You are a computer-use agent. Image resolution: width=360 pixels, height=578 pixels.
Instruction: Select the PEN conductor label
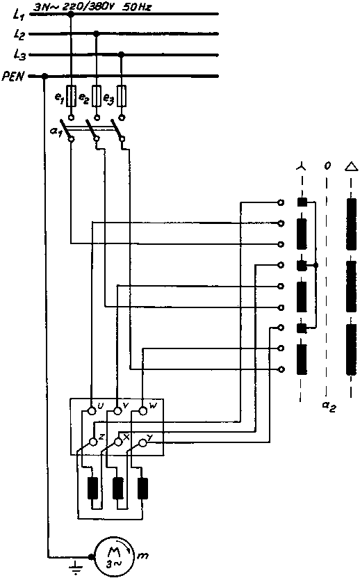[x=13, y=77]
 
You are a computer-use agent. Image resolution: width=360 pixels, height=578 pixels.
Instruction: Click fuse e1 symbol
[x=71, y=96]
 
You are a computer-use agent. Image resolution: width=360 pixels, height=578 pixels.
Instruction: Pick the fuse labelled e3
[x=122, y=96]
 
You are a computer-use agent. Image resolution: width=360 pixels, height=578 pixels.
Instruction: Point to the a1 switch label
[x=56, y=131]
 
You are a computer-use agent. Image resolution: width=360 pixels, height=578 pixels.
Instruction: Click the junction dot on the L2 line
[x=96, y=33]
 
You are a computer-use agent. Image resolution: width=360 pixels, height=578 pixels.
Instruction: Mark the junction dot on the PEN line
[x=44, y=77]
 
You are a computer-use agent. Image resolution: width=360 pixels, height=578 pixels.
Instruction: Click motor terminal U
[x=91, y=410]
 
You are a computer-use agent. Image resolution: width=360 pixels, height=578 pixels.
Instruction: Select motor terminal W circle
[x=142, y=410]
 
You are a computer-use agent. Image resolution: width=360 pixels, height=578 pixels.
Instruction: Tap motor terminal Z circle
[x=92, y=441]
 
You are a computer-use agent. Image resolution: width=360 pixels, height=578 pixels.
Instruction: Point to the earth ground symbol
[x=76, y=568]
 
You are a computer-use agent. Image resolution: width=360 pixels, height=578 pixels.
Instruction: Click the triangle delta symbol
[x=351, y=166]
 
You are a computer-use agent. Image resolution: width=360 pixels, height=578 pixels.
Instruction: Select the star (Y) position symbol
[x=301, y=167]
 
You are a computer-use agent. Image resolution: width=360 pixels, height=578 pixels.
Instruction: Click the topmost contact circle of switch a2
[x=281, y=202]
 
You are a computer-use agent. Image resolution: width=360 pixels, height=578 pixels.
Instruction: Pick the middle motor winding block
[x=117, y=488]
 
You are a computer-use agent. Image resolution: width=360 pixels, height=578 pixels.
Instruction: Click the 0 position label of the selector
[x=327, y=166]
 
